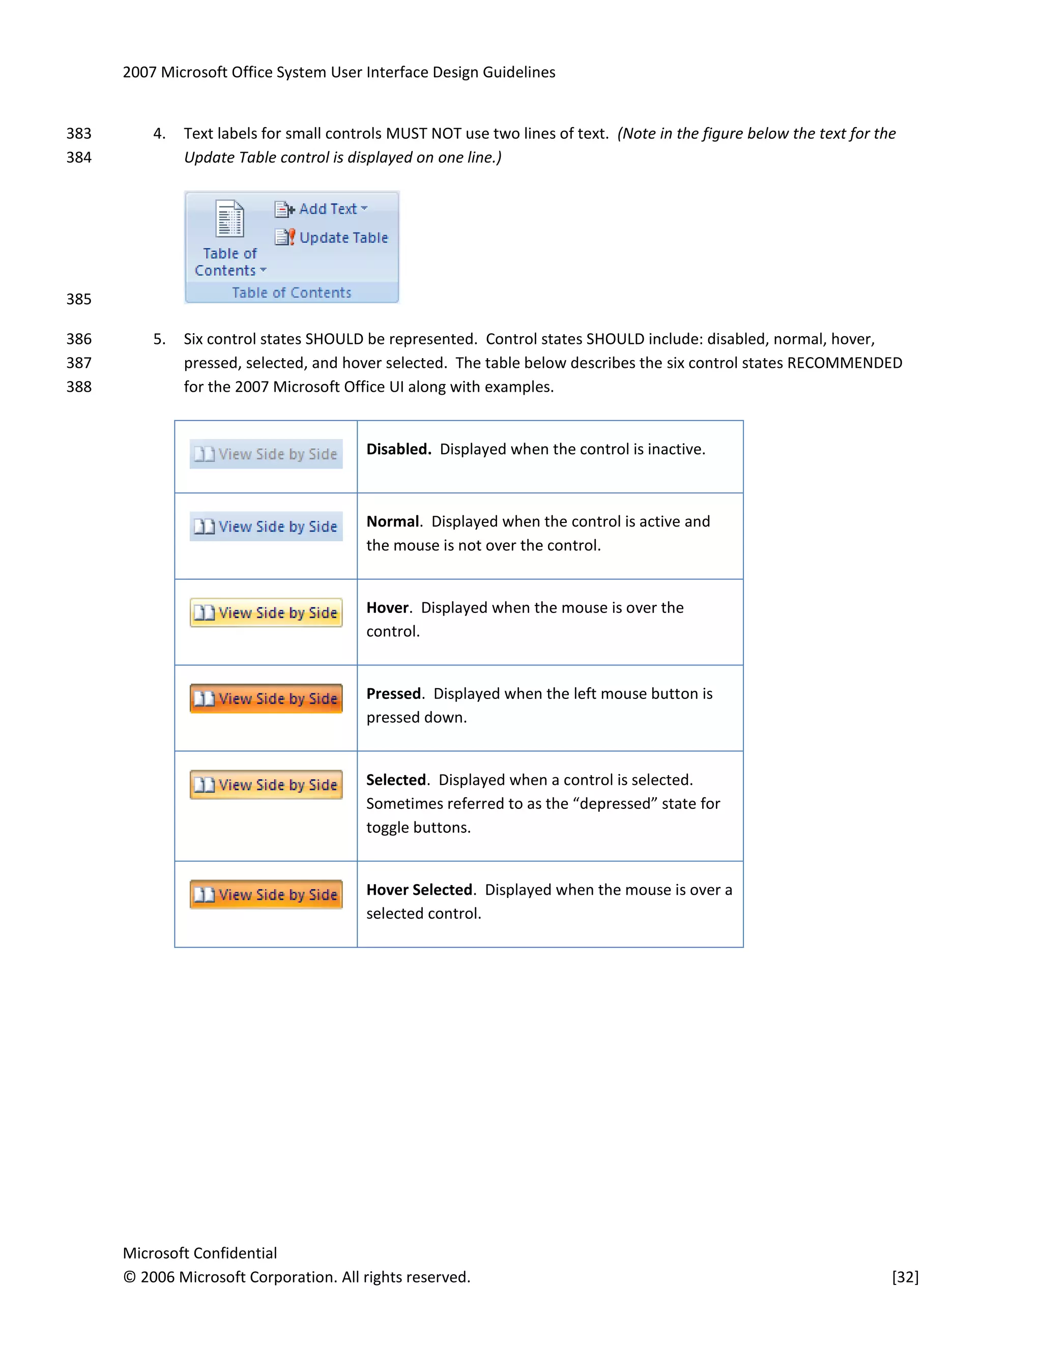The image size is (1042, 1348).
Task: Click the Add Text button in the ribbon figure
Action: coord(321,209)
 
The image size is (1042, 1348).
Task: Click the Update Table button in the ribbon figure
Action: coord(332,238)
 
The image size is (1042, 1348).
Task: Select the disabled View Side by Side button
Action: coord(266,454)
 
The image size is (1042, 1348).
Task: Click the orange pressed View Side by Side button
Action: coord(266,699)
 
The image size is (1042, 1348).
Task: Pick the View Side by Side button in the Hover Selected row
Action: coord(266,894)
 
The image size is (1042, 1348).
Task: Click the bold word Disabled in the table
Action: coord(398,449)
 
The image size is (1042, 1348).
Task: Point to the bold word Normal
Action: coord(393,521)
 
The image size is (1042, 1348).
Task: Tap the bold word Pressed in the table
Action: coord(393,694)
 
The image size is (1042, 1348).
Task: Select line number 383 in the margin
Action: coord(79,134)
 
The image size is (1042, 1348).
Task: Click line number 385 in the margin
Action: coord(79,299)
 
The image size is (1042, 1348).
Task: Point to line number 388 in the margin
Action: coord(79,387)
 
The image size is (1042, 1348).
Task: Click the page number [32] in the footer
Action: coord(905,1277)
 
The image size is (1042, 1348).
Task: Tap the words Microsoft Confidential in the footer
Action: coord(199,1253)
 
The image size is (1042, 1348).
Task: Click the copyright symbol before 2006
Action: coord(129,1277)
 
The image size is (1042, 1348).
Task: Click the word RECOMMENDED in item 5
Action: coord(845,363)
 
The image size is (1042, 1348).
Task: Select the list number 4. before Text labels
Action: coord(159,134)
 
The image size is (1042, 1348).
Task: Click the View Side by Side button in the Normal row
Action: coord(266,526)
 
